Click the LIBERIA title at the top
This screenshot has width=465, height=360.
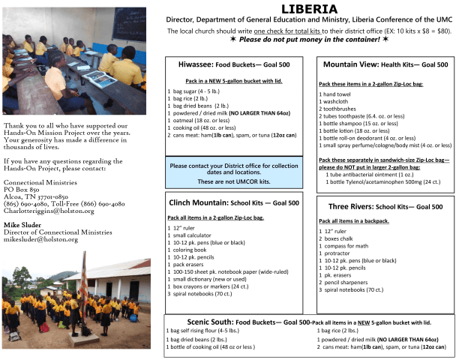tap(309, 10)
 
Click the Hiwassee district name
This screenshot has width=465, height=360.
tap(199, 65)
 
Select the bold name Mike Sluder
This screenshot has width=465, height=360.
tap(23, 224)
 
